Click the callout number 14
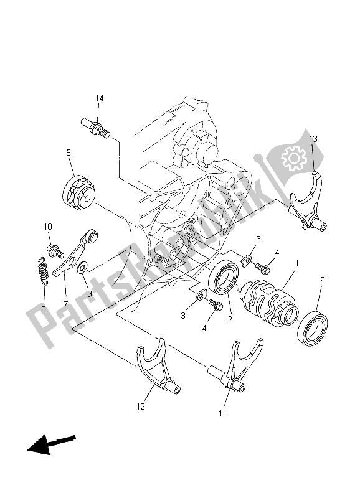click(100, 98)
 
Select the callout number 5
click(69, 152)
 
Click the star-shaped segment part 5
click(80, 190)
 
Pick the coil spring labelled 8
click(40, 271)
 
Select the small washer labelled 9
click(83, 267)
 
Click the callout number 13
click(312, 139)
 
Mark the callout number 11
click(223, 413)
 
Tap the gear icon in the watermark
click(291, 159)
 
